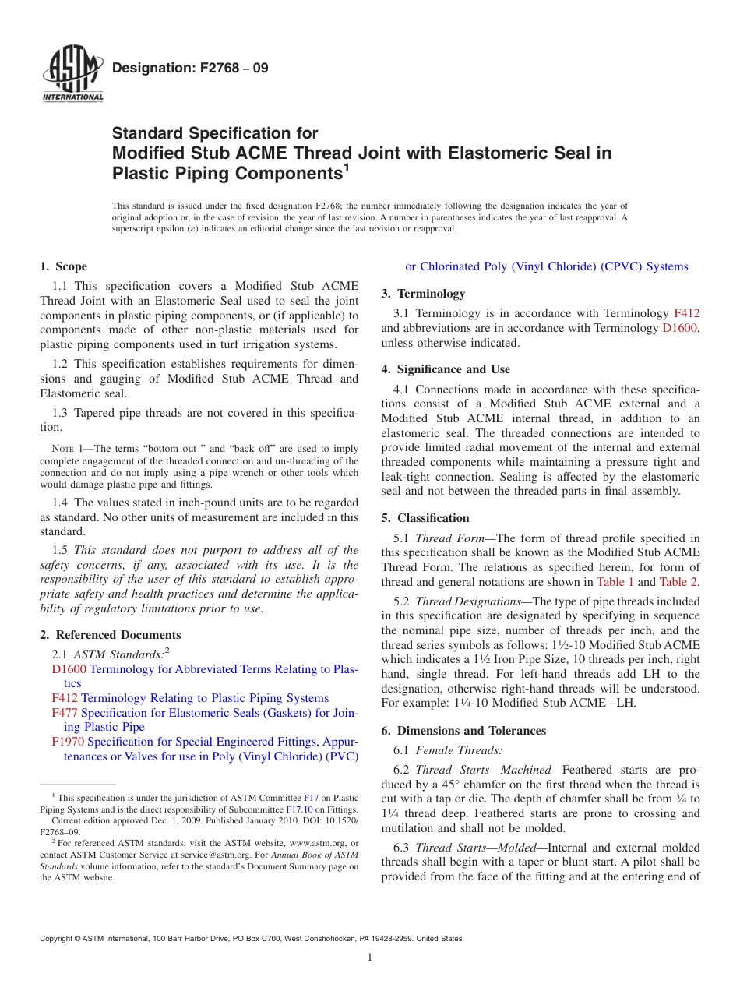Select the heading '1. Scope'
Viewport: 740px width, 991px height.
click(63, 266)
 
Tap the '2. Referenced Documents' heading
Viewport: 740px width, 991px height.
click(110, 635)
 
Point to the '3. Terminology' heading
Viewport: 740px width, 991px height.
click(423, 294)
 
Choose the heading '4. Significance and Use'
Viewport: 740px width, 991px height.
click(446, 369)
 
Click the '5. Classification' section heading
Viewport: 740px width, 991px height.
click(425, 518)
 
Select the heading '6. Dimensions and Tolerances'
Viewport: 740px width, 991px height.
click(463, 731)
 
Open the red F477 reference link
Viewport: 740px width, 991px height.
click(65, 713)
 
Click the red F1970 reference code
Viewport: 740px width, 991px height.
click(68, 742)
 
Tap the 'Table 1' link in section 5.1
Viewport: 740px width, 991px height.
click(615, 582)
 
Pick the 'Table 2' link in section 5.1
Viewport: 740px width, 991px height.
click(678, 582)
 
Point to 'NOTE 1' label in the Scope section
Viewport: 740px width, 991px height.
click(62, 449)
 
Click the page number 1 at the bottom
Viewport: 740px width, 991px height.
click(370, 957)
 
